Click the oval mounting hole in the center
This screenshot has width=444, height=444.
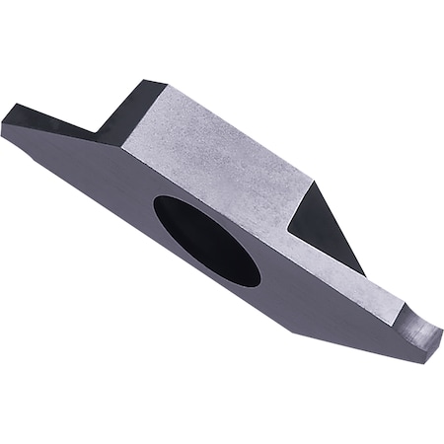point(206,241)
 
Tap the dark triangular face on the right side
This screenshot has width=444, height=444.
point(323,223)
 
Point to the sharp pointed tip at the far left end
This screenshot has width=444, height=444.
point(3,127)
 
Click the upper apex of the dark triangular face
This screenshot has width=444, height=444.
point(316,180)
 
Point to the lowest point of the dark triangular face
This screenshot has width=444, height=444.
point(364,275)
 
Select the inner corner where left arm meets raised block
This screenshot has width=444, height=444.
point(96,133)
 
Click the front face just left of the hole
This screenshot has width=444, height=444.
point(118,197)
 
